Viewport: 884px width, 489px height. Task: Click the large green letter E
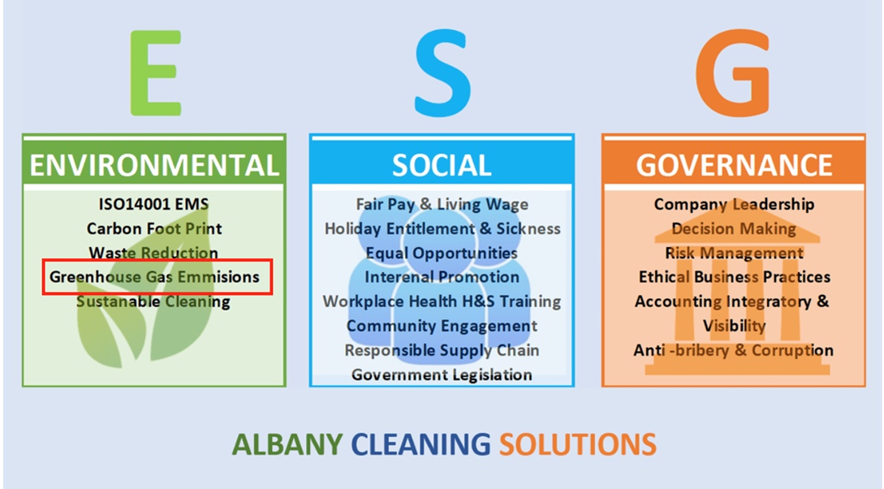(x=156, y=73)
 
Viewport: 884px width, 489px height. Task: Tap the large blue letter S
(x=442, y=73)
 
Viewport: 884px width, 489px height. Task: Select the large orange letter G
(x=732, y=73)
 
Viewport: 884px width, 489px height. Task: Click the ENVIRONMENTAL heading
(x=154, y=165)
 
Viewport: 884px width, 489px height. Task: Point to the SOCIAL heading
(x=442, y=165)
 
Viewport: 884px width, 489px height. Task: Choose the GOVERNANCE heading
(x=734, y=165)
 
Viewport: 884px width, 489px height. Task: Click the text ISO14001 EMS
(x=154, y=204)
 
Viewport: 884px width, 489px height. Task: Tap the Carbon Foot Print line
(x=154, y=228)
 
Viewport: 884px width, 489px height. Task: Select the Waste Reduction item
(x=153, y=253)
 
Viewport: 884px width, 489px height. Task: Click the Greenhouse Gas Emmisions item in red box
(x=154, y=277)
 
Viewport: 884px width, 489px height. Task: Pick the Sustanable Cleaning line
(x=153, y=301)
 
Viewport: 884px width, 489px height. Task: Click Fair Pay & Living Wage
(x=442, y=204)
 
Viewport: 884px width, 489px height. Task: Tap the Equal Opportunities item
(x=442, y=253)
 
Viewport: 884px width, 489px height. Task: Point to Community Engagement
(x=442, y=326)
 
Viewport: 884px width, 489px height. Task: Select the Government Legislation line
(x=442, y=374)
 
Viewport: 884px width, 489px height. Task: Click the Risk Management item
(x=734, y=253)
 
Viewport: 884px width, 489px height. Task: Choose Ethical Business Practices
(x=734, y=277)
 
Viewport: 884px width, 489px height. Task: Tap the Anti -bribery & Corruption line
(x=734, y=350)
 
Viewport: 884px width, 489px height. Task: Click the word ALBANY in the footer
(x=287, y=444)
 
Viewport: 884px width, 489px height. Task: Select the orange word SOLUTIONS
(x=578, y=444)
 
